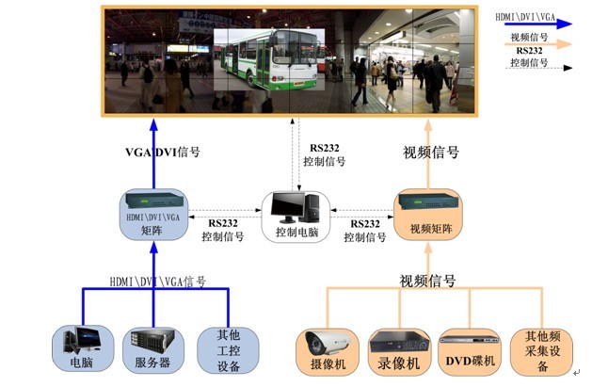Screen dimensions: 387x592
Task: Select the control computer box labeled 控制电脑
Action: click(x=295, y=218)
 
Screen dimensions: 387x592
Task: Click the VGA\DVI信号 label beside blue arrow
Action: click(x=162, y=152)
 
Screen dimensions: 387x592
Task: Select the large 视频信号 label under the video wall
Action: click(x=431, y=152)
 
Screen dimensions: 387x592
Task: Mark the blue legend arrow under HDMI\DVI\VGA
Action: click(x=537, y=27)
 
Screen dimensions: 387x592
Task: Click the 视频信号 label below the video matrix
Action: click(x=427, y=282)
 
